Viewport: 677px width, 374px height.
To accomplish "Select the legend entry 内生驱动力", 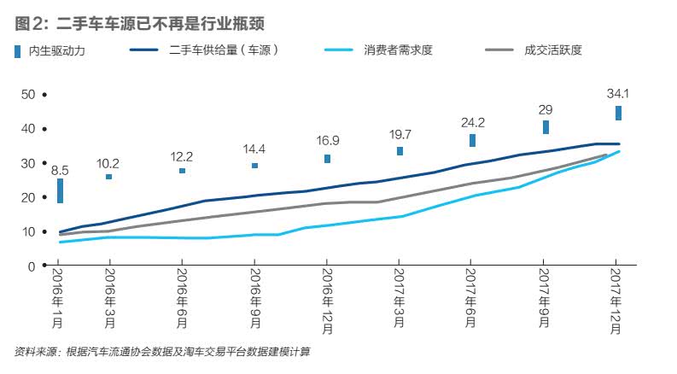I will click(56, 51).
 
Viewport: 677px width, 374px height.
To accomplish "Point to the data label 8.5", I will click(60, 171).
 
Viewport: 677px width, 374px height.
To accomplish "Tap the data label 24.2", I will click(472, 122).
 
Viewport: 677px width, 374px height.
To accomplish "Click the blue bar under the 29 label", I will click(546, 127).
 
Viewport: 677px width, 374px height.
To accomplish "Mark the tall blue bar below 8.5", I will click(60, 190).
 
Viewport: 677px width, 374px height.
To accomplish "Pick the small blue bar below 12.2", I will click(182, 171).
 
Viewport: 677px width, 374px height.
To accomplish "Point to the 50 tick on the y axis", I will click(27, 94).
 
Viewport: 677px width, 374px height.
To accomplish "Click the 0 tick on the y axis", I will click(32, 266).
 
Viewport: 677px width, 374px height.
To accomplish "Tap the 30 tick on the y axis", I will click(27, 163).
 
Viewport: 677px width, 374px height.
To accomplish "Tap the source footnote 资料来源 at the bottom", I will click(161, 352).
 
